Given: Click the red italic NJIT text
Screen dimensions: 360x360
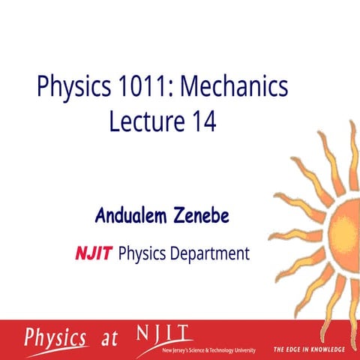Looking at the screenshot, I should [94, 253].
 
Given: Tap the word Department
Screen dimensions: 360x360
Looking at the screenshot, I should [204, 254].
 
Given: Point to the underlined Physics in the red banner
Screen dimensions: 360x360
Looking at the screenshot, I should [55, 337].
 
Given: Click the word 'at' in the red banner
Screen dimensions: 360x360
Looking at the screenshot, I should [109, 339].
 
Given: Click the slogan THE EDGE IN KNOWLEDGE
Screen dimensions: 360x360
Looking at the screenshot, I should [309, 349].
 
